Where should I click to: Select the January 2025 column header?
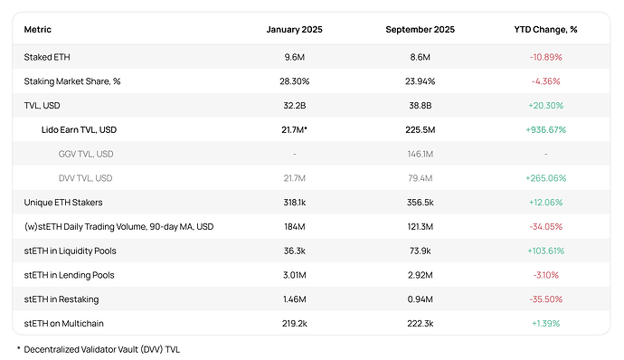coord(294,30)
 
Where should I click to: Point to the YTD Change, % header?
coord(545,30)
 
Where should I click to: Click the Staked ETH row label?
coord(48,57)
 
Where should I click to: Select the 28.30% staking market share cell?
coord(295,81)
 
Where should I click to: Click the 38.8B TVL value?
coord(421,106)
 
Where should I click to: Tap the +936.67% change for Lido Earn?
coord(545,129)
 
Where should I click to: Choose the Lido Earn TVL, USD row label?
coord(79,129)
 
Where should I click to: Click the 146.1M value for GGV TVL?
coord(421,154)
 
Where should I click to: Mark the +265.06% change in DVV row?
coord(545,178)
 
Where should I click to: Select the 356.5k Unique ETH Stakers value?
coord(421,202)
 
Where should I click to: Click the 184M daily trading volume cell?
coord(295,226)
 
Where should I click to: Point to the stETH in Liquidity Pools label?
coord(70,251)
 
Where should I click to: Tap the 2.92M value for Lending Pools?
coord(421,274)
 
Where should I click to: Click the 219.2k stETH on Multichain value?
coord(295,323)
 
